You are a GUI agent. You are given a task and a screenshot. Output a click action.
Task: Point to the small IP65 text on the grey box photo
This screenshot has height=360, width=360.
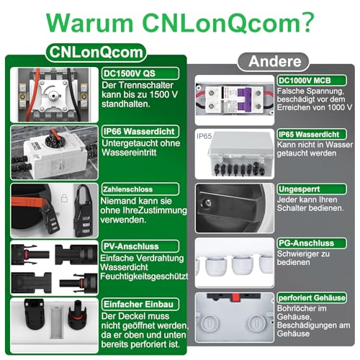click(206, 135)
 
